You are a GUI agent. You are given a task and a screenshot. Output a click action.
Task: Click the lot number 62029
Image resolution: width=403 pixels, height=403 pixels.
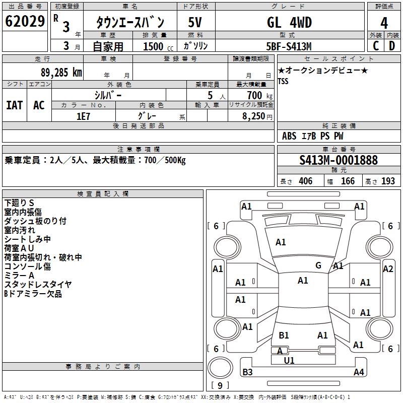24,22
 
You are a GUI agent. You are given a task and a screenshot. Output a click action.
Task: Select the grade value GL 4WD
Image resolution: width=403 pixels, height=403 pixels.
289,22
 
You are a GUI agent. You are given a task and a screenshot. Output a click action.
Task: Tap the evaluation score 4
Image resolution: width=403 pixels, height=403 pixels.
384,23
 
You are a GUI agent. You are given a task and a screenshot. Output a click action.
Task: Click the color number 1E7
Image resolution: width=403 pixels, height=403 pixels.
83,116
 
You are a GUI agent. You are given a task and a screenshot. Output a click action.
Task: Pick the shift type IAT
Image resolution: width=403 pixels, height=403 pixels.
14,105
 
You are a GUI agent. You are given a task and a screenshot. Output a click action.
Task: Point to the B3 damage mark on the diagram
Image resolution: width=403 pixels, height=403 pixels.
247,372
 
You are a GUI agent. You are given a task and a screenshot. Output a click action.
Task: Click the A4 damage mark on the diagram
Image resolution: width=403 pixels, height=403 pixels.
359,372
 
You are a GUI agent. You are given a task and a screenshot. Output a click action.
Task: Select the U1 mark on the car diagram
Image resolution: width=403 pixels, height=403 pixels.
289,361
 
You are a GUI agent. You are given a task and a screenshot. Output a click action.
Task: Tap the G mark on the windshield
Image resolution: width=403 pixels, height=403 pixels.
318,265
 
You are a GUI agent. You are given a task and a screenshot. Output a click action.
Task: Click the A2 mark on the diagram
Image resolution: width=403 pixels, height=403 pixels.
388,269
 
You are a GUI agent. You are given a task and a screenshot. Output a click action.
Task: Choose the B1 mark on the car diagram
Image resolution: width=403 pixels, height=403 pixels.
284,335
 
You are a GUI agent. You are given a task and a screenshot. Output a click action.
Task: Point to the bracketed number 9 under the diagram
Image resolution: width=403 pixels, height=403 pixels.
220,385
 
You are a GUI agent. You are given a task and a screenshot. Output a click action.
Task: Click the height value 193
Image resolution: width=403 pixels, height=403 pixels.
388,181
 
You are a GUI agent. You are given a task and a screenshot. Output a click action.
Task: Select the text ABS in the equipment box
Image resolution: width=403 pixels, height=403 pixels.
289,136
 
